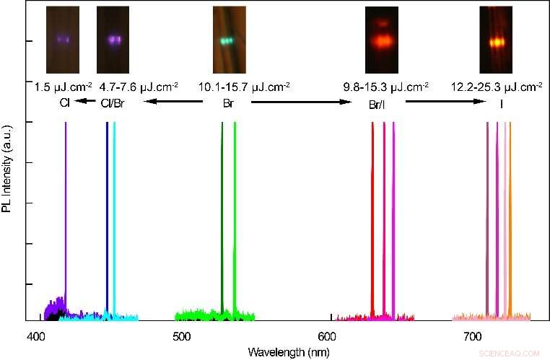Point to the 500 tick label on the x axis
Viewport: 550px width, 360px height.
click(x=182, y=336)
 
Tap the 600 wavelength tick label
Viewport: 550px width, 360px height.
click(x=328, y=336)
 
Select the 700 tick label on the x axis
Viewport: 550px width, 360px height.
click(x=473, y=336)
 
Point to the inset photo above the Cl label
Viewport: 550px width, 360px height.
click(x=62, y=38)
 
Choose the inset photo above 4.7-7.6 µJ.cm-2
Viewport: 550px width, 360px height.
click(x=112, y=38)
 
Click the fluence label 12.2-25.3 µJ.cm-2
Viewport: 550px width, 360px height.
click(x=496, y=87)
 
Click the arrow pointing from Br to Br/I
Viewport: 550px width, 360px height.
click(x=300, y=102)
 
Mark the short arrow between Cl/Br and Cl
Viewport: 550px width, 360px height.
click(x=86, y=102)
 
